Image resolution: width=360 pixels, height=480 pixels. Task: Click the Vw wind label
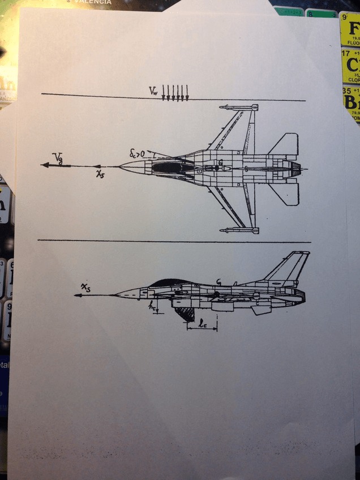tap(153, 91)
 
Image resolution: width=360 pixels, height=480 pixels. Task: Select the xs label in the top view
tap(100, 174)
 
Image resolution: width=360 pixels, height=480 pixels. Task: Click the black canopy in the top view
tap(170, 167)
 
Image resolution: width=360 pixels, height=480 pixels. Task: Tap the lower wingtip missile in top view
tap(238, 230)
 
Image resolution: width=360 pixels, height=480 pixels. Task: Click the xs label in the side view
tap(85, 289)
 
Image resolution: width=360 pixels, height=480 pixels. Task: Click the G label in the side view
tap(218, 282)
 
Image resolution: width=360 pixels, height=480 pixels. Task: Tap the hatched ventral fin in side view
tap(185, 313)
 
